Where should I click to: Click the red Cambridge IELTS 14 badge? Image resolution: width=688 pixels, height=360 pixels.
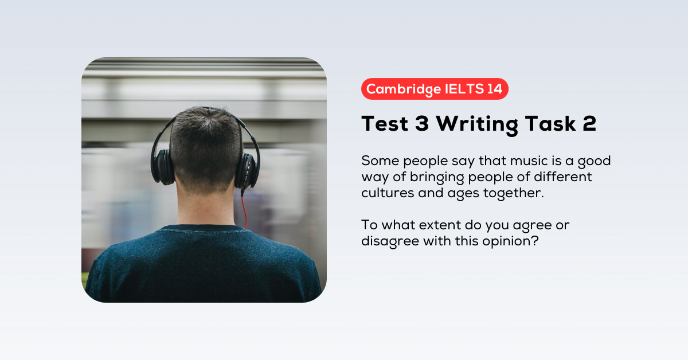coord(435,89)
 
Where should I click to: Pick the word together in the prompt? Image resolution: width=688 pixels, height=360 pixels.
coord(513,193)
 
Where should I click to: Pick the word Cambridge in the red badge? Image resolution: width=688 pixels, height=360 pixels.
coord(396,89)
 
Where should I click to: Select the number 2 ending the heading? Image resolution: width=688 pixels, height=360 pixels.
coord(589,124)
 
